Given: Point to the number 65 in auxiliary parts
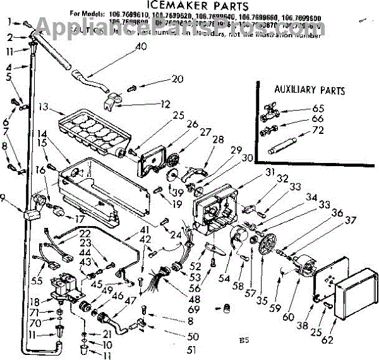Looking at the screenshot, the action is (x=317, y=108).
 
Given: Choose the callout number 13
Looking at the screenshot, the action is (x=43, y=106).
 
